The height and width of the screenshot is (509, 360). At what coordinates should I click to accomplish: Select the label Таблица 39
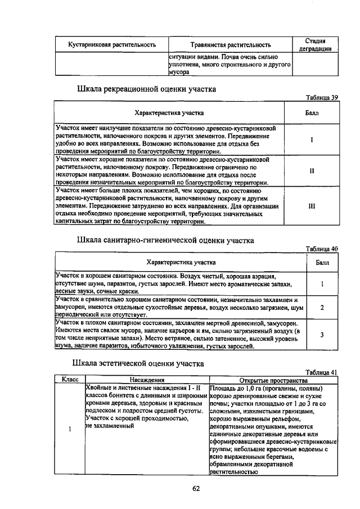(322, 97)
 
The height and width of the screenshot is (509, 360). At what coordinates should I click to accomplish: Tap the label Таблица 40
(322, 249)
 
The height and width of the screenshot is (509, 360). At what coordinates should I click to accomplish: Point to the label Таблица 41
(322, 372)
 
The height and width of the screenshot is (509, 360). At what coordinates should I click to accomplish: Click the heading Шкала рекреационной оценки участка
(146, 89)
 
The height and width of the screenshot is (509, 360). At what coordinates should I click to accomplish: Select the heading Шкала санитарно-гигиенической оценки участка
(165, 240)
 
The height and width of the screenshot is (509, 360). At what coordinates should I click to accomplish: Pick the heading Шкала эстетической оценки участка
(141, 363)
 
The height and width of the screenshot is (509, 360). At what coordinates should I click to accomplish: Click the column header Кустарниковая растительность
(112, 44)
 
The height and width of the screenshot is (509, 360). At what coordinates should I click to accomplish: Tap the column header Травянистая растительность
(231, 44)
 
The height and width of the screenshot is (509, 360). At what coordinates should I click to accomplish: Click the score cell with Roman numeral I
(311, 139)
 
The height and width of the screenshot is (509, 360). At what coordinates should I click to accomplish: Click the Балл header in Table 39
(311, 113)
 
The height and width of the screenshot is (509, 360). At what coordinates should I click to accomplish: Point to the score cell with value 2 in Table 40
(322, 308)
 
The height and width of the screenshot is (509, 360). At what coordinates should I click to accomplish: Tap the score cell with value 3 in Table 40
(322, 335)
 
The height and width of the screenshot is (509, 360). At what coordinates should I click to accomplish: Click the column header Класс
(70, 380)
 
